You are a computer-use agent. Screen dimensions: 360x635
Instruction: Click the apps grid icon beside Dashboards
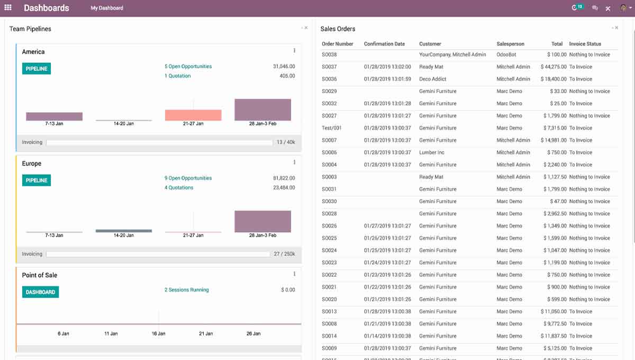click(x=8, y=8)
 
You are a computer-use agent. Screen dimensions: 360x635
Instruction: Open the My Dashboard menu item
click(x=107, y=8)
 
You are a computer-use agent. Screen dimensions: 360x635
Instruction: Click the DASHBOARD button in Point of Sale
click(x=40, y=292)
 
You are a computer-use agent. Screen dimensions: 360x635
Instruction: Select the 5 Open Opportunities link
click(x=188, y=67)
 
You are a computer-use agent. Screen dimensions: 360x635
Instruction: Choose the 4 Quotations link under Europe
click(x=179, y=188)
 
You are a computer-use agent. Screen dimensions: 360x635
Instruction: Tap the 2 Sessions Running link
click(x=186, y=290)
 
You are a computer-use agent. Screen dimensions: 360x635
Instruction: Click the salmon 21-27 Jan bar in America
click(x=193, y=115)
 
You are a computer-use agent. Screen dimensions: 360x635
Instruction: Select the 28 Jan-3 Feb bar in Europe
click(x=262, y=221)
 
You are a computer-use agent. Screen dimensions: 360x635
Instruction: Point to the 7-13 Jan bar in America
click(x=54, y=116)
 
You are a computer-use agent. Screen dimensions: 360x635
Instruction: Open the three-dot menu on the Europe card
click(x=294, y=163)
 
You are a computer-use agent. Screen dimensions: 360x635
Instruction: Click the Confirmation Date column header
click(x=384, y=44)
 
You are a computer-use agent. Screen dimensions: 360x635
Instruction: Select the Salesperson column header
click(x=510, y=44)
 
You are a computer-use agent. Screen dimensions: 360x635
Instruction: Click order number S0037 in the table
click(x=329, y=67)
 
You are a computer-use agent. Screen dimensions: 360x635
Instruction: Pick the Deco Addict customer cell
click(x=432, y=79)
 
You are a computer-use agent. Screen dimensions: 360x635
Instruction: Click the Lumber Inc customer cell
click(x=431, y=152)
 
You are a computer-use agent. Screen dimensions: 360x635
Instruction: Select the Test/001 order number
click(x=331, y=128)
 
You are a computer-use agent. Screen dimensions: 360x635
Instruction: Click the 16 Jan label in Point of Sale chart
click(x=158, y=334)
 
